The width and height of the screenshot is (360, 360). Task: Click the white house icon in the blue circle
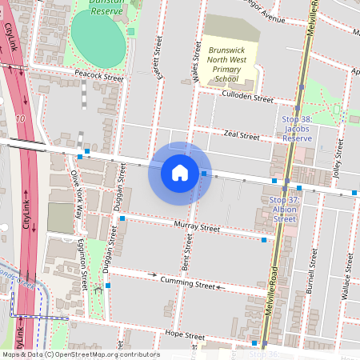tap(180, 172)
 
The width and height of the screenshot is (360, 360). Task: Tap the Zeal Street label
tap(242, 136)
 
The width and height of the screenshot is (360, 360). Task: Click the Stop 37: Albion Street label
tap(285, 210)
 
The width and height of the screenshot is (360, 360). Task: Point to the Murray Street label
tap(196, 228)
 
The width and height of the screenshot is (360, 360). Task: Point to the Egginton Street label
tap(84, 268)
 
